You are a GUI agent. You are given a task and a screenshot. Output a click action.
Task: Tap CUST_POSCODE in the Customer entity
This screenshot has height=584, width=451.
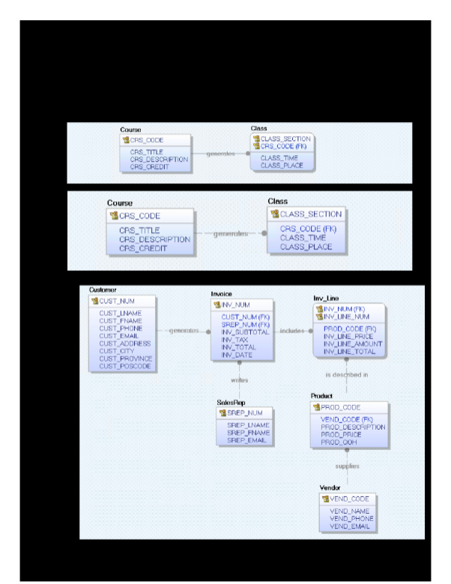125,366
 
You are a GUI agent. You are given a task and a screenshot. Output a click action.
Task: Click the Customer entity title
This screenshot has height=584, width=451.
103,290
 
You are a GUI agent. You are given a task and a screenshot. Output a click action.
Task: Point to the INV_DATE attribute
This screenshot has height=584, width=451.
236,355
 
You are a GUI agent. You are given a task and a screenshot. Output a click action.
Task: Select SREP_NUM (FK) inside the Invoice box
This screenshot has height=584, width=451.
245,324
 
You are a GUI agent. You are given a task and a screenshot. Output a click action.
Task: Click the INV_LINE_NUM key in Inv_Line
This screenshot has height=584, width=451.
346,316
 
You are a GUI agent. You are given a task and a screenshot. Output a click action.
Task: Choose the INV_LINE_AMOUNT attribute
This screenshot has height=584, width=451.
353,344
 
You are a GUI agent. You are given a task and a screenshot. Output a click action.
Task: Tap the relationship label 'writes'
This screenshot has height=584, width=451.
239,380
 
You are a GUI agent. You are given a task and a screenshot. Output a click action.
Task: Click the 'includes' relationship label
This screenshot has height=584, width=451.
291,330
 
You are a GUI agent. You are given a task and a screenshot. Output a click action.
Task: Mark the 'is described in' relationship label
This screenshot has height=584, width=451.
346,374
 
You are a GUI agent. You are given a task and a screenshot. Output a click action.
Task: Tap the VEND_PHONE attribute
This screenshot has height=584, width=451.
351,519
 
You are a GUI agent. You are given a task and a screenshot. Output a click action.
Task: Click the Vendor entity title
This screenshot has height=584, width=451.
330,487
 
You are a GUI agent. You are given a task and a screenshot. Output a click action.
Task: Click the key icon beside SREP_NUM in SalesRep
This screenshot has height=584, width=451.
222,413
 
